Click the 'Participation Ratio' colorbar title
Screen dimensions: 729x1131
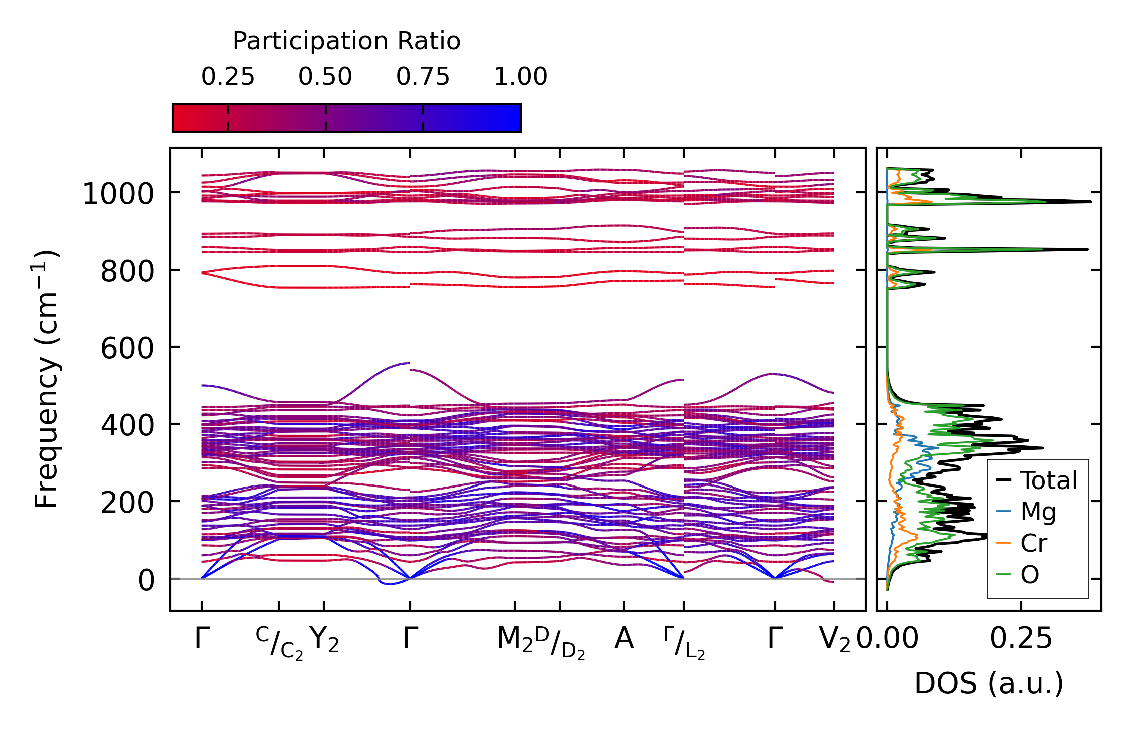click(x=346, y=41)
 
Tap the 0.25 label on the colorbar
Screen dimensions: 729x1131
click(x=228, y=77)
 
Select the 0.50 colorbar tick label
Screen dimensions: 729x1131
click(x=325, y=77)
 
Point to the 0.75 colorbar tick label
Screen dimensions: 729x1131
click(x=423, y=77)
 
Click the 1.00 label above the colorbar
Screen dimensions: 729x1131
click(x=520, y=77)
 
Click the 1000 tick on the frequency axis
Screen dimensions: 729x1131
click(x=118, y=194)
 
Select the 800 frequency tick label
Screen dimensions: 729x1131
click(x=127, y=272)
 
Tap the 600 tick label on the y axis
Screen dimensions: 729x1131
click(x=127, y=348)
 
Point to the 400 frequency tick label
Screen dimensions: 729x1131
click(x=127, y=425)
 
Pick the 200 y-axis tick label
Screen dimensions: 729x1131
click(x=127, y=503)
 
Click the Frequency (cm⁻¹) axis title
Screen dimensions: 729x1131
click(x=47, y=379)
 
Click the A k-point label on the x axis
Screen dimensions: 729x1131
click(x=624, y=639)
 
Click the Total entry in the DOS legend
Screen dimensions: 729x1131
click(x=1048, y=480)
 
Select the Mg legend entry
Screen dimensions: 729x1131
click(x=1038, y=512)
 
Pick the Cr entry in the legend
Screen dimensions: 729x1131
click(x=1034, y=543)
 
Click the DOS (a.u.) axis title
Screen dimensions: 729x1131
click(x=989, y=684)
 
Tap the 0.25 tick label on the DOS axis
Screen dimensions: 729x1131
click(x=1021, y=639)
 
